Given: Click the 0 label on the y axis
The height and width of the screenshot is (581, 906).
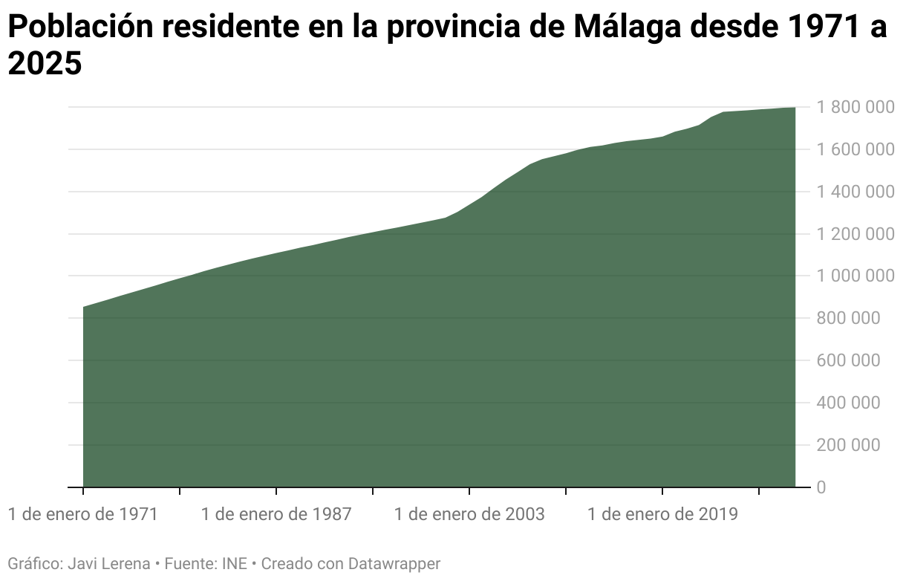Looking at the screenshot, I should click(822, 487).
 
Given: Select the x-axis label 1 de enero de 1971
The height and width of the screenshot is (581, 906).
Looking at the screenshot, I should click(83, 514).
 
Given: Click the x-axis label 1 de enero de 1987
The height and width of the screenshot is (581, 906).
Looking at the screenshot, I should click(276, 514).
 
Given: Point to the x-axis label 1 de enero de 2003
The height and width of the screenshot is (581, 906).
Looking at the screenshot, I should click(469, 514).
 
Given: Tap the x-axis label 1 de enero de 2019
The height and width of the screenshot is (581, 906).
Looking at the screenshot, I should click(662, 514).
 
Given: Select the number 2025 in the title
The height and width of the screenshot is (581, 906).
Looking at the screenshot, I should click(44, 65).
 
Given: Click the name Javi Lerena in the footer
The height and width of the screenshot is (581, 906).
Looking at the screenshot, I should click(108, 564).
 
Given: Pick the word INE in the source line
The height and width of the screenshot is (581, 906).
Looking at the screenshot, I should click(234, 564).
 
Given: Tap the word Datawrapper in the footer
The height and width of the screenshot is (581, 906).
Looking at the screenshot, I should click(394, 564).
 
